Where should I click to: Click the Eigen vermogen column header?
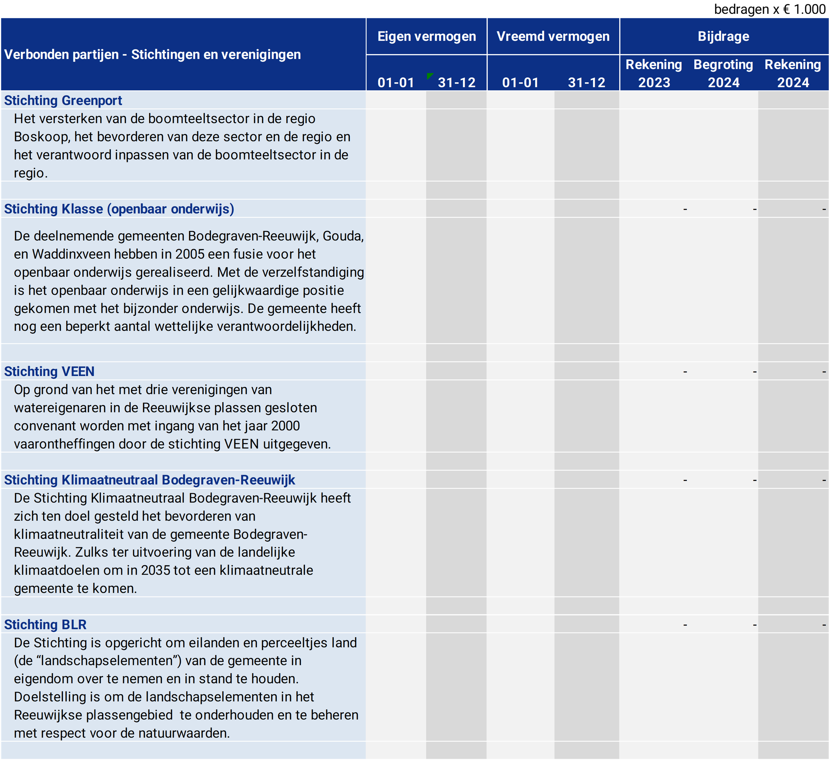coord(427,37)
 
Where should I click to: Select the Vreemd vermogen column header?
coord(553,37)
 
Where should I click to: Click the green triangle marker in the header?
coord(429,76)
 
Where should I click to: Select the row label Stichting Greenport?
coord(63,100)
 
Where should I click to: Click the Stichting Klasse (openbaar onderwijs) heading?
coord(119,209)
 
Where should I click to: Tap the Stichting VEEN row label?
coord(49,371)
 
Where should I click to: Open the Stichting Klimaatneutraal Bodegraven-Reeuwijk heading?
coord(149,480)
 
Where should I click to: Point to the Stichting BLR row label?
coord(45,625)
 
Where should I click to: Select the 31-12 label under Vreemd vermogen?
coord(587,83)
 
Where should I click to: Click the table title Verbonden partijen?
coord(61,55)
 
